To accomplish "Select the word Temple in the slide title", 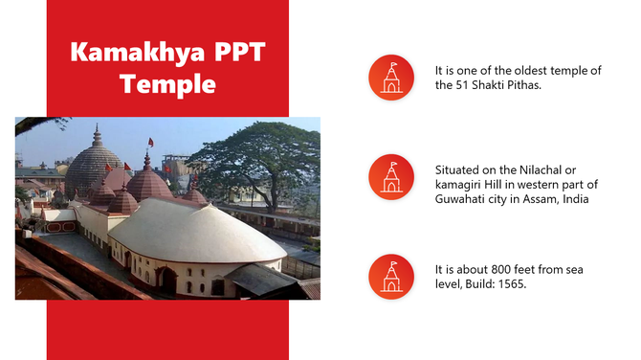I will click(x=167, y=83).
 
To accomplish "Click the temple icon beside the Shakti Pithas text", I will click(x=391, y=78).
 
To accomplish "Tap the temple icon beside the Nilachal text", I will click(x=391, y=177).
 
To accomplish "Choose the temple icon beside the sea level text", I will click(x=391, y=277).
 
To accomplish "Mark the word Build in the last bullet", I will click(x=486, y=284).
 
